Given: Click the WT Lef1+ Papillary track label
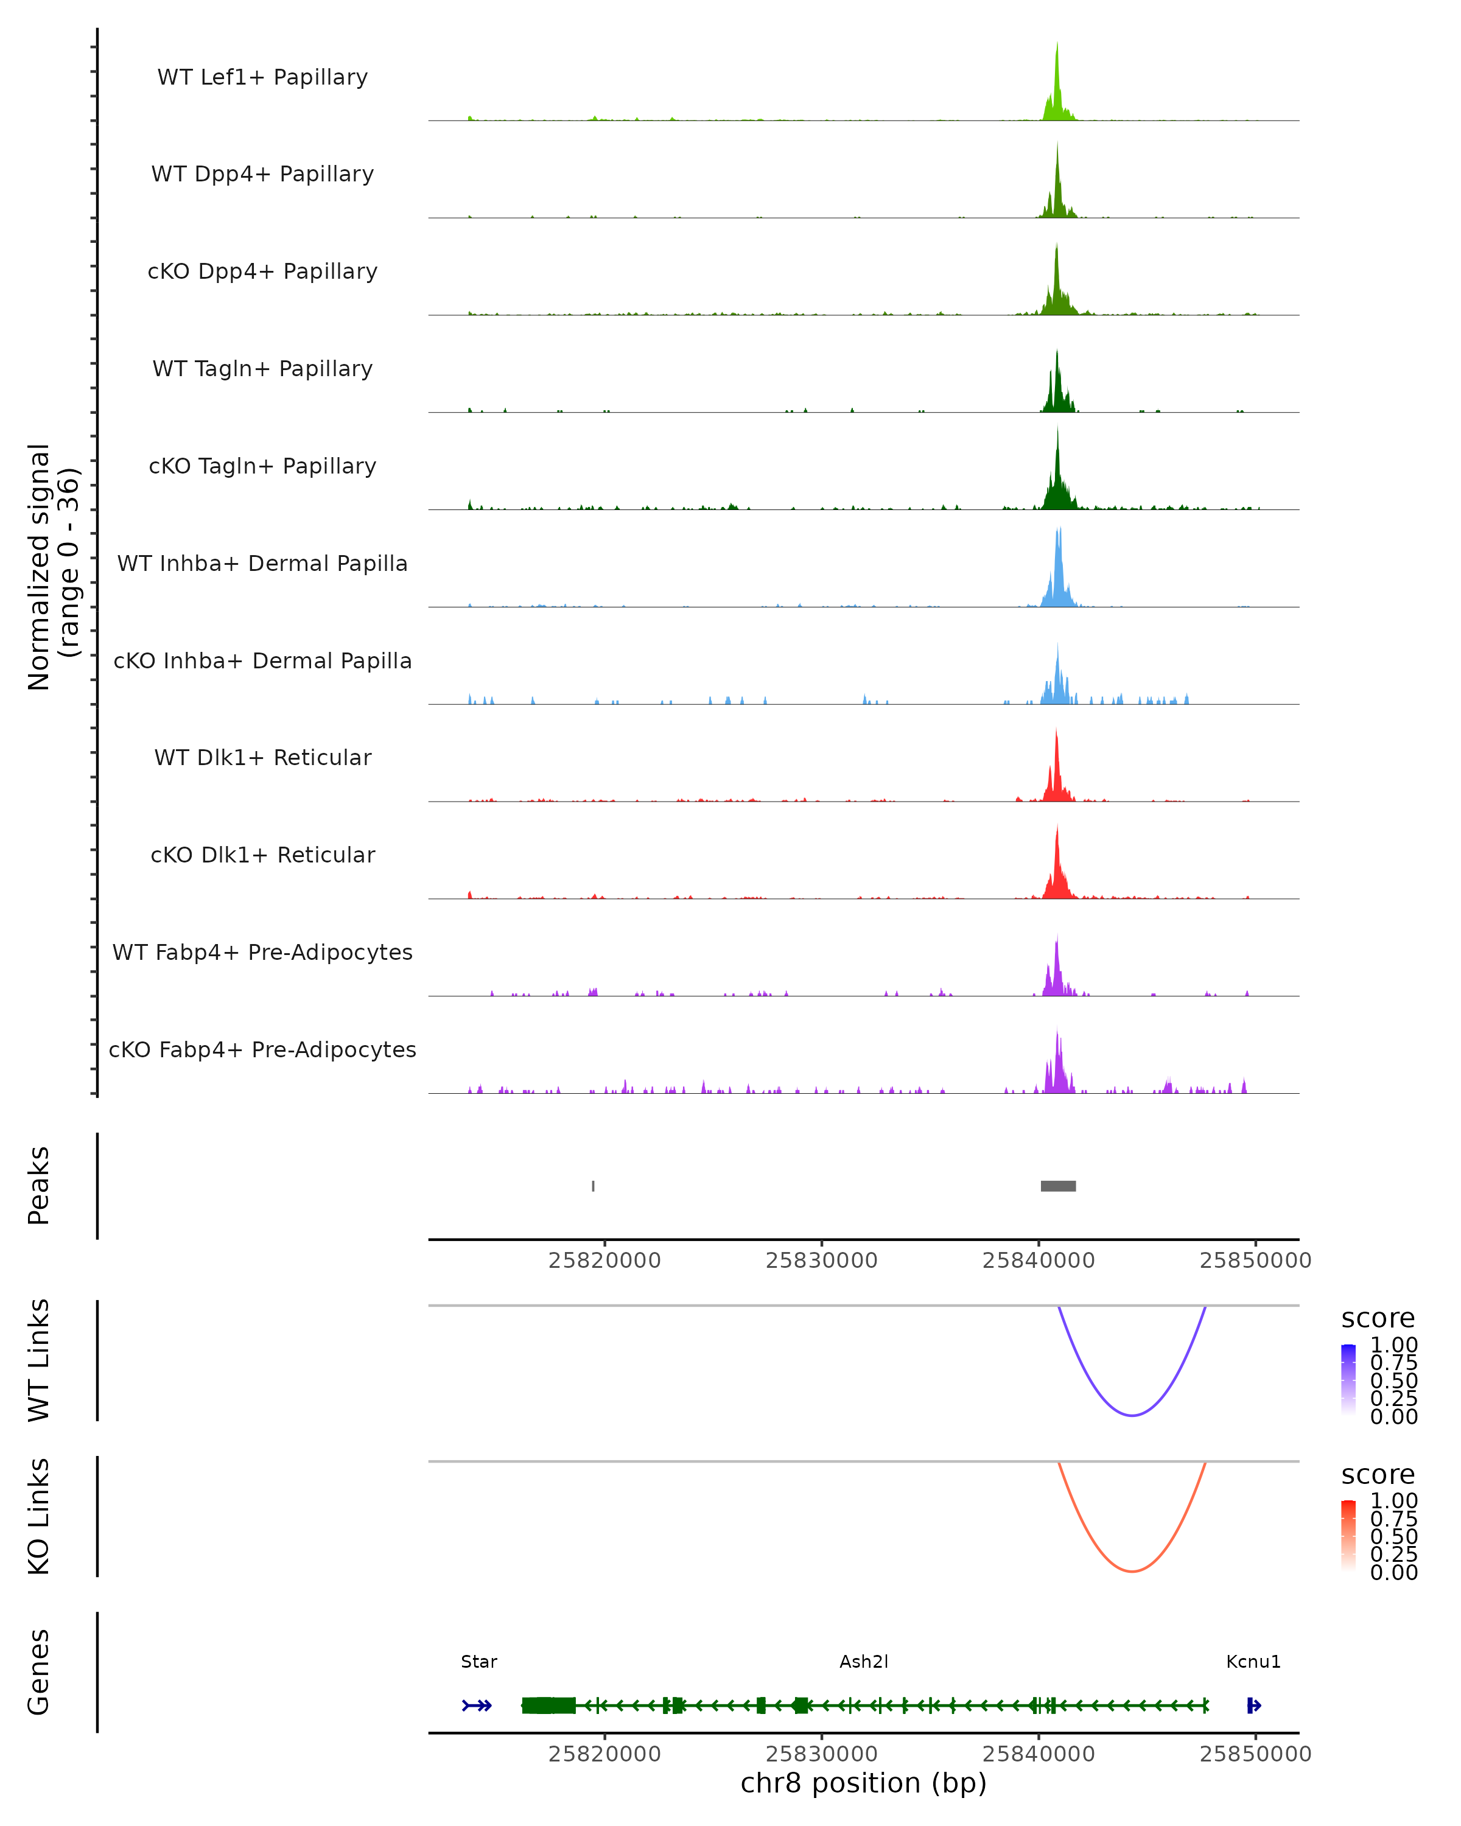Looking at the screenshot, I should pyautogui.click(x=262, y=77).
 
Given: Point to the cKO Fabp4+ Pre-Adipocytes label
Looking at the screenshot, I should pyautogui.click(x=262, y=1049).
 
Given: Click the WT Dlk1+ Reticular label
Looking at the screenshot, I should pyautogui.click(x=262, y=757).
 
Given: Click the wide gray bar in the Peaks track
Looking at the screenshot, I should pyautogui.click(x=1058, y=1186).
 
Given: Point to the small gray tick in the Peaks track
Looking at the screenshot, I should pyautogui.click(x=593, y=1186).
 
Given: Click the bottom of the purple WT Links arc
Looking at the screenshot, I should pyautogui.click(x=1132, y=1415).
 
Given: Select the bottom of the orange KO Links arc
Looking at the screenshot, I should pyautogui.click(x=1132, y=1571).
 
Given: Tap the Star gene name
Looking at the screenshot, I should pyautogui.click(x=478, y=1662).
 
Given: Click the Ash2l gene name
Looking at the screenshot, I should pyautogui.click(x=864, y=1662).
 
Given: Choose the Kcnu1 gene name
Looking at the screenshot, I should pyautogui.click(x=1253, y=1662).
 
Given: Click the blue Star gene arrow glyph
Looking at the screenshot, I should pyautogui.click(x=477, y=1705).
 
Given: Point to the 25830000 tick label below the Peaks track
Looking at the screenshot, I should pyautogui.click(x=822, y=1261).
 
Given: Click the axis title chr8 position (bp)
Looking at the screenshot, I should pyautogui.click(x=863, y=1783).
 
